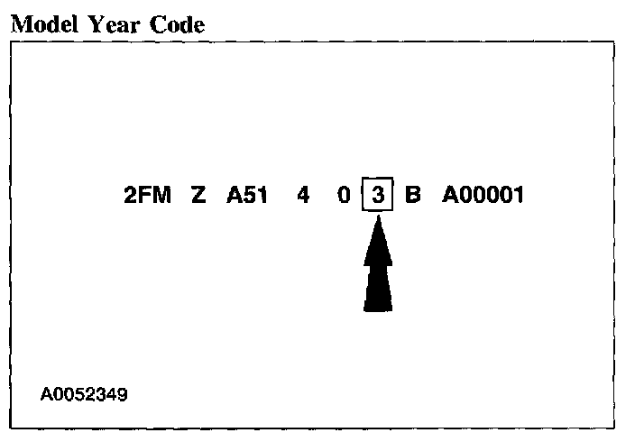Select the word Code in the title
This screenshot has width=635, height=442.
pyautogui.click(x=175, y=24)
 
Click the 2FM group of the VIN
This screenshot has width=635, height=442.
pyautogui.click(x=147, y=195)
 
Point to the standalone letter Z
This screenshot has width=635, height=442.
pyautogui.click(x=198, y=195)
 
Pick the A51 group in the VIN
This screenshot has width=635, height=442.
pyautogui.click(x=247, y=195)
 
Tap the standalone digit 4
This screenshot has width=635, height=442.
pyautogui.click(x=303, y=195)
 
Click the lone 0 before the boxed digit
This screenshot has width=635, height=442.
pyautogui.click(x=344, y=195)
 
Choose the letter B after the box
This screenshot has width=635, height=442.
pyautogui.click(x=413, y=195)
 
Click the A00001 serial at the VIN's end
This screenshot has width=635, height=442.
pyautogui.click(x=483, y=195)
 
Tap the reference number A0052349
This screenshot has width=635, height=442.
pyautogui.click(x=84, y=394)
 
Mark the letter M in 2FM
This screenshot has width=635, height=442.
pyautogui.click(x=161, y=195)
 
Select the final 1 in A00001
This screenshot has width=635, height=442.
pyautogui.click(x=518, y=195)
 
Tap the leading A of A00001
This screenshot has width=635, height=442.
pyautogui.click(x=449, y=195)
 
